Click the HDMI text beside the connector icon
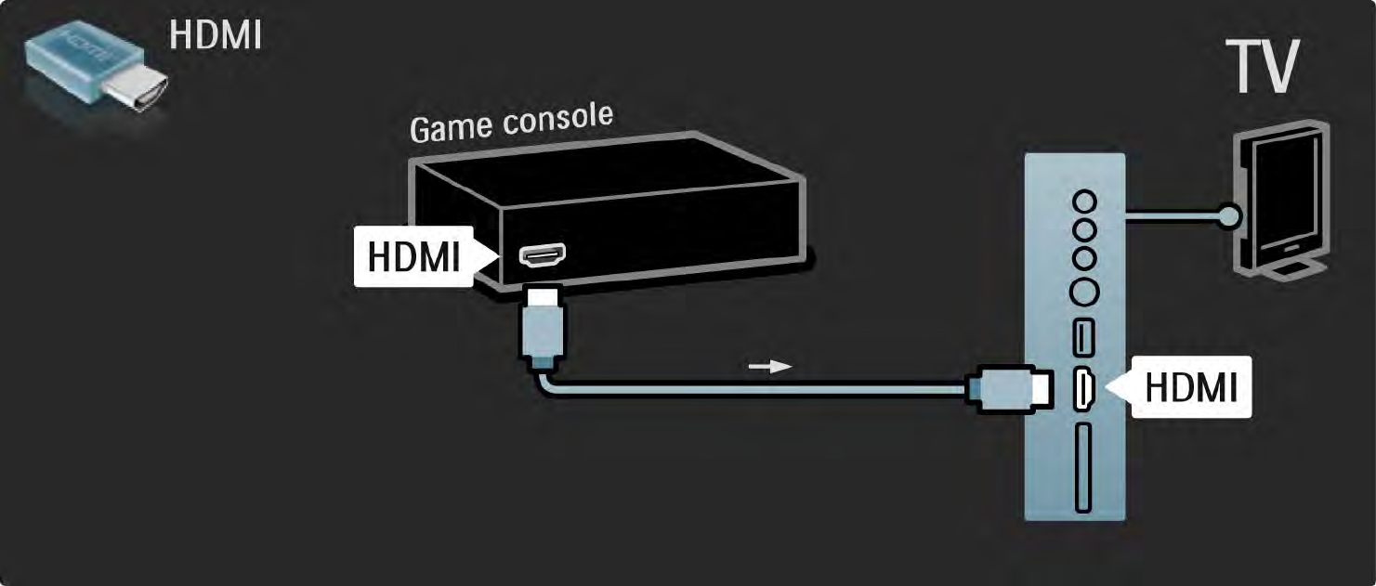215,34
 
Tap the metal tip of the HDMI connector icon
138,90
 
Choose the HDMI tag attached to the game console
413,256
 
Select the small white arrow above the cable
770,365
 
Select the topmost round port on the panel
1083,201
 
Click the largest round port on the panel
1083,293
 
